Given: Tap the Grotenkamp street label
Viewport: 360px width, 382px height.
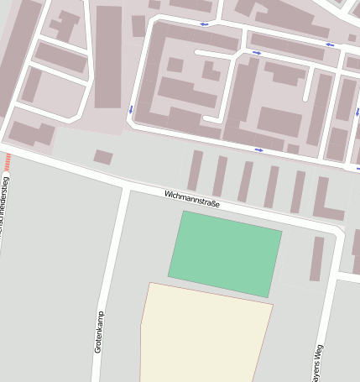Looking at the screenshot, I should [x=98, y=331].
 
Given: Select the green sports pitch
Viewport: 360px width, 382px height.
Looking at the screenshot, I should [x=225, y=253].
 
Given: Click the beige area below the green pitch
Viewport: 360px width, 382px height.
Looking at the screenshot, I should [x=205, y=336].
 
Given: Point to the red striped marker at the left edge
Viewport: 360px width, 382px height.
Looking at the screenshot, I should [x=8, y=161].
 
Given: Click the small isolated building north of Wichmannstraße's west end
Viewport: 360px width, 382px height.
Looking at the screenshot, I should [x=103, y=157].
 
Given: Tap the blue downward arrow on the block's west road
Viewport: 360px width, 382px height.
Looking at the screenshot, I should [x=131, y=108].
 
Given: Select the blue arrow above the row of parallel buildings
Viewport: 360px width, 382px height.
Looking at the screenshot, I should [x=258, y=149].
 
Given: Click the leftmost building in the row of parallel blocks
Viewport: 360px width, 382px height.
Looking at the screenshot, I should [x=195, y=170].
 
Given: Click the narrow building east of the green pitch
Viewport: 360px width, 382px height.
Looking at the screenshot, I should [x=316, y=259].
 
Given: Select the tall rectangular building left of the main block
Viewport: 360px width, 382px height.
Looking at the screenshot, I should [x=108, y=56].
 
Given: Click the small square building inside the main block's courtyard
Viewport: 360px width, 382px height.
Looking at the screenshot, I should [x=175, y=65].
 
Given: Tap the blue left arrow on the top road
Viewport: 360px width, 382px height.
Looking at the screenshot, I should [x=206, y=24].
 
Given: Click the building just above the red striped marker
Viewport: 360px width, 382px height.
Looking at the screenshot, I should [x=29, y=133].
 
